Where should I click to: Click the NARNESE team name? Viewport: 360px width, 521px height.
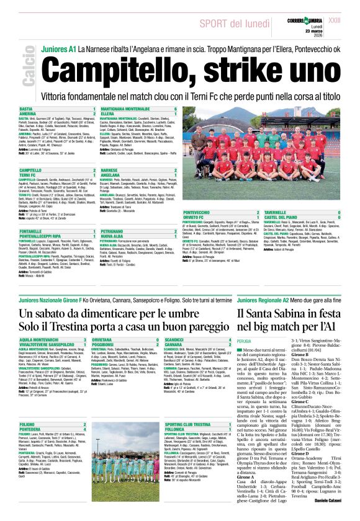109,169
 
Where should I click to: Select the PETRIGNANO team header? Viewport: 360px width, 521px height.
113,231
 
